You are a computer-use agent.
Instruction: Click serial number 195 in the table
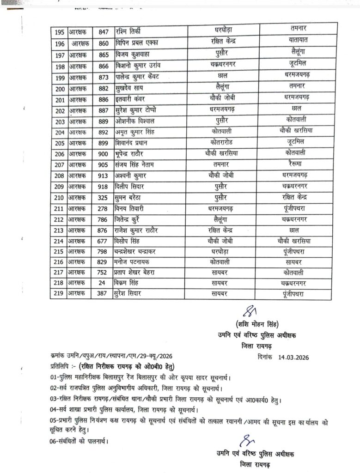pyautogui.click(x=59, y=32)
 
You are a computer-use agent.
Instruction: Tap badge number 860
pyautogui.click(x=103, y=43)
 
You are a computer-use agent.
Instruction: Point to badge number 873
pyautogui.click(x=103, y=76)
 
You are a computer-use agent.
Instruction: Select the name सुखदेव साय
pyautogui.click(x=130, y=87)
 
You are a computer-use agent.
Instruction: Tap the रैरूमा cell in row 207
pyautogui.click(x=295, y=164)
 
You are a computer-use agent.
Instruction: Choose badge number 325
pyautogui.click(x=103, y=197)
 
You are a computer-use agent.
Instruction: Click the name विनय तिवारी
pyautogui.click(x=132, y=208)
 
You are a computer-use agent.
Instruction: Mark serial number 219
pyautogui.click(x=59, y=294)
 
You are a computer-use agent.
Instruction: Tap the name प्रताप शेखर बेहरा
pyautogui.click(x=137, y=272)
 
